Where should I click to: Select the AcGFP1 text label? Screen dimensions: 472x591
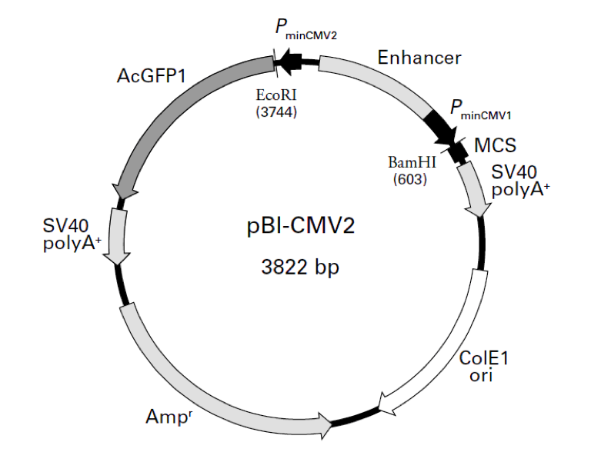[152, 76]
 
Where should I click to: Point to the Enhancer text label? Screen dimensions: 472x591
[419, 58]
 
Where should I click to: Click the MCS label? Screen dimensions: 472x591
[495, 145]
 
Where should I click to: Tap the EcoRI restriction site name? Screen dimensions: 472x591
[275, 97]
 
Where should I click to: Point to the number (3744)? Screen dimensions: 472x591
[275, 112]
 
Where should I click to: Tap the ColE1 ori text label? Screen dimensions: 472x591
[483, 367]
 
